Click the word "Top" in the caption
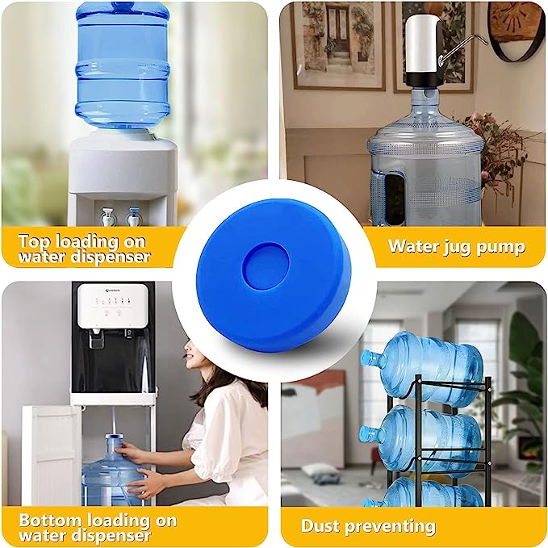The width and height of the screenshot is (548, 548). [35, 241]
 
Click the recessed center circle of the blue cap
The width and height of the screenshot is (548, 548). [266, 266]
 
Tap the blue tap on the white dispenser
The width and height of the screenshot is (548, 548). [133, 216]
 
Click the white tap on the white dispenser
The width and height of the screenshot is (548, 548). [107, 216]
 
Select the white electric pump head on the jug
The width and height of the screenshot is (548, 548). [421, 51]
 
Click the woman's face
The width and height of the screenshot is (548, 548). [193, 355]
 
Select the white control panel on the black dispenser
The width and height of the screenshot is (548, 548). [112, 306]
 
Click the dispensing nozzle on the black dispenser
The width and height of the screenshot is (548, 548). [95, 338]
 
